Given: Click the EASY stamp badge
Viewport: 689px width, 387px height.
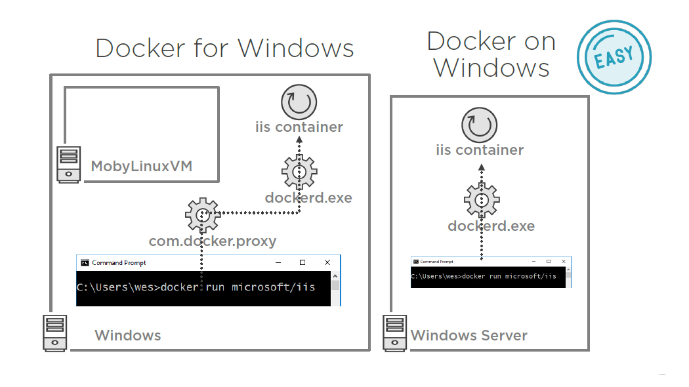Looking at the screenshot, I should [x=614, y=57].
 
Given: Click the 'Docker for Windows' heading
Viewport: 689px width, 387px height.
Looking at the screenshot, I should [x=224, y=49].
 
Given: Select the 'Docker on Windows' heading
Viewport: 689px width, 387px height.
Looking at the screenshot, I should [x=491, y=54].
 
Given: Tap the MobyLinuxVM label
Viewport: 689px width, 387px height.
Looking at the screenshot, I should [x=142, y=166].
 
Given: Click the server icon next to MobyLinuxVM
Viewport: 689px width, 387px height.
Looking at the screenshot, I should [x=68, y=164].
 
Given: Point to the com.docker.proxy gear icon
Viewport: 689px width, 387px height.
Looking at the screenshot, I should [x=202, y=213].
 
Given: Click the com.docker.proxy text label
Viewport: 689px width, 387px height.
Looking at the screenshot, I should [x=213, y=241].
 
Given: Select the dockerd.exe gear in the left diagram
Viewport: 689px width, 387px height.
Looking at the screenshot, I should [x=299, y=172].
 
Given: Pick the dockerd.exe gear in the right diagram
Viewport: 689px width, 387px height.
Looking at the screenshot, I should [x=481, y=200].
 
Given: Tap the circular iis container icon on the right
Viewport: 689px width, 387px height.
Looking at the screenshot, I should [x=480, y=125].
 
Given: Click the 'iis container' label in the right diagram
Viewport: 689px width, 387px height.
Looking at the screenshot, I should [x=480, y=150].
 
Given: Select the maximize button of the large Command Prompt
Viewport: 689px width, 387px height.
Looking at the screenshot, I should [x=303, y=262].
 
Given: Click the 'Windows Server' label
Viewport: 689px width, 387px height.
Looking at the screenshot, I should [x=469, y=336].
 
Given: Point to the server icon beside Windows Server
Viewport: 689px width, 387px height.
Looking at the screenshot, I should [x=394, y=333].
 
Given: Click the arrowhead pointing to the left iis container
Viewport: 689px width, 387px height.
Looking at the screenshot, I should [x=299, y=139].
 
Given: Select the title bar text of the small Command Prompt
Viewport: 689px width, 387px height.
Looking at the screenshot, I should [x=436, y=262].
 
